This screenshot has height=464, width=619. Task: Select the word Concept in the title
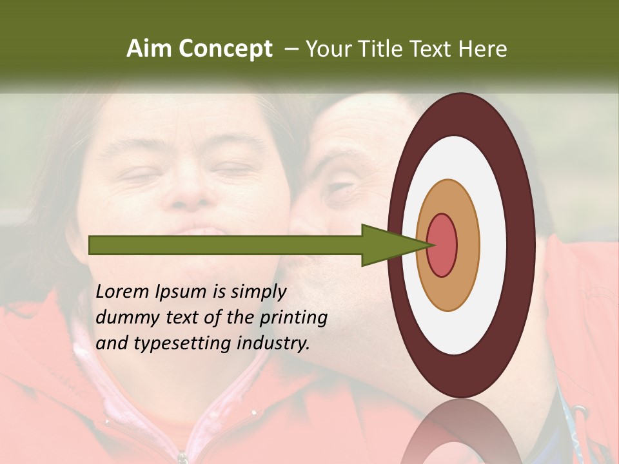pyautogui.click(x=225, y=50)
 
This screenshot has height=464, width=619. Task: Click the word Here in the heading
pyautogui.click(x=482, y=49)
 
